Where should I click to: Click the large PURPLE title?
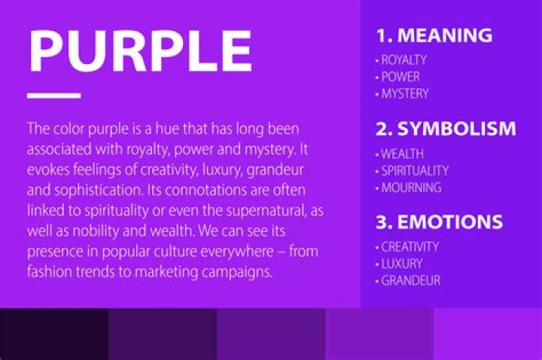[x=139, y=51]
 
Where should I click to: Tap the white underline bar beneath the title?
[x=53, y=96]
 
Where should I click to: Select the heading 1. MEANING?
[x=434, y=35]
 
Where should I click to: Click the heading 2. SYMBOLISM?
[x=446, y=128]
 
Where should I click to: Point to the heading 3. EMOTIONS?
[x=439, y=222]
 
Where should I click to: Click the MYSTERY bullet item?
[x=403, y=94]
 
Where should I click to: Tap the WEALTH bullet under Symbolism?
[x=401, y=154]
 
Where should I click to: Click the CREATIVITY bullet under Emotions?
[x=409, y=246]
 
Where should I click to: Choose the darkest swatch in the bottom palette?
[x=54, y=334]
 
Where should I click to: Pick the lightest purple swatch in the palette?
[x=488, y=334]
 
